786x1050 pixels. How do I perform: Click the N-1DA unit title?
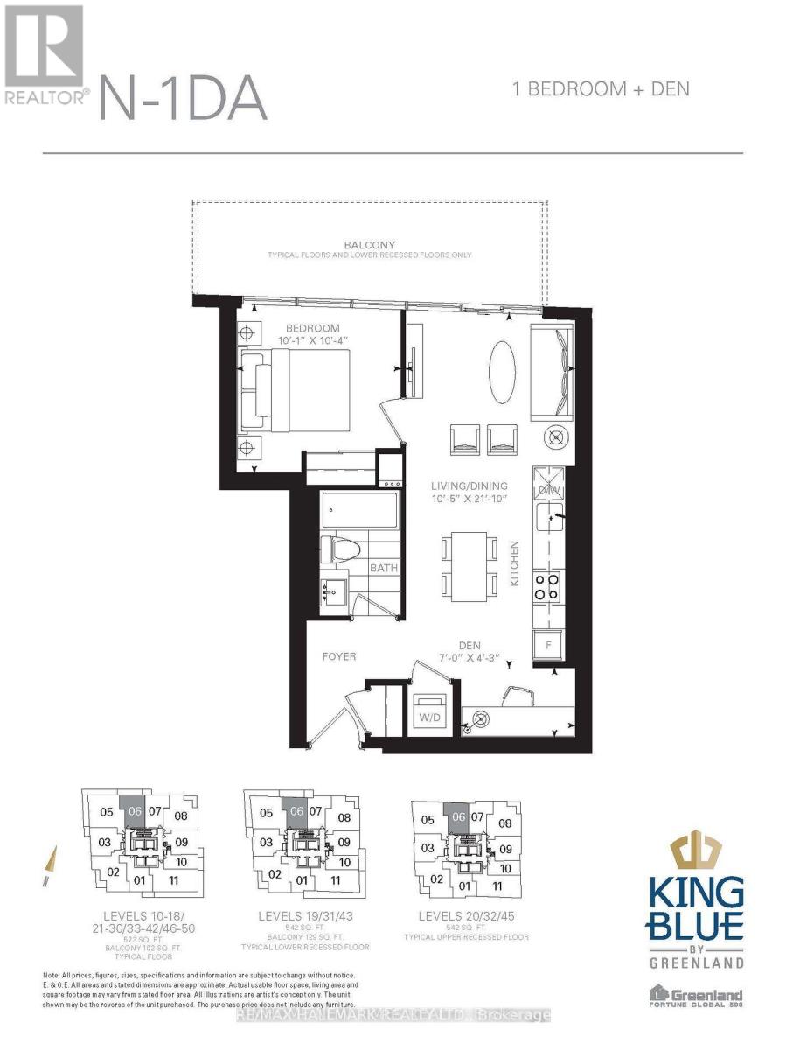183,98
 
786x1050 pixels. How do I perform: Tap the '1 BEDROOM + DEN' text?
602,88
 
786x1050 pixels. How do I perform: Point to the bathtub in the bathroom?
360,509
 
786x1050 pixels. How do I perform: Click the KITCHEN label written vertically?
515,564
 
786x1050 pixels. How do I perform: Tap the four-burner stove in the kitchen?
548,586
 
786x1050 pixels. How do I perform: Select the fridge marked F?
548,643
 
